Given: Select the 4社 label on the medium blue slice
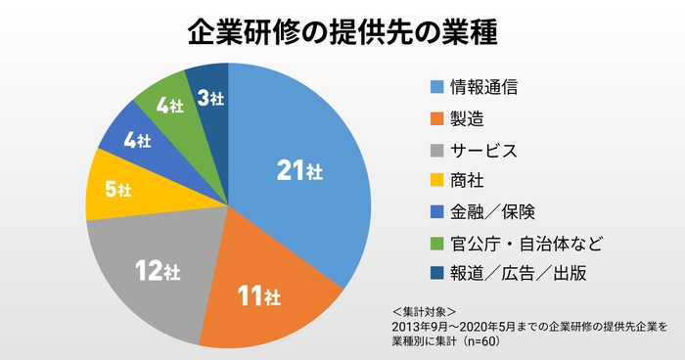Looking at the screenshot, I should coord(138,141).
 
